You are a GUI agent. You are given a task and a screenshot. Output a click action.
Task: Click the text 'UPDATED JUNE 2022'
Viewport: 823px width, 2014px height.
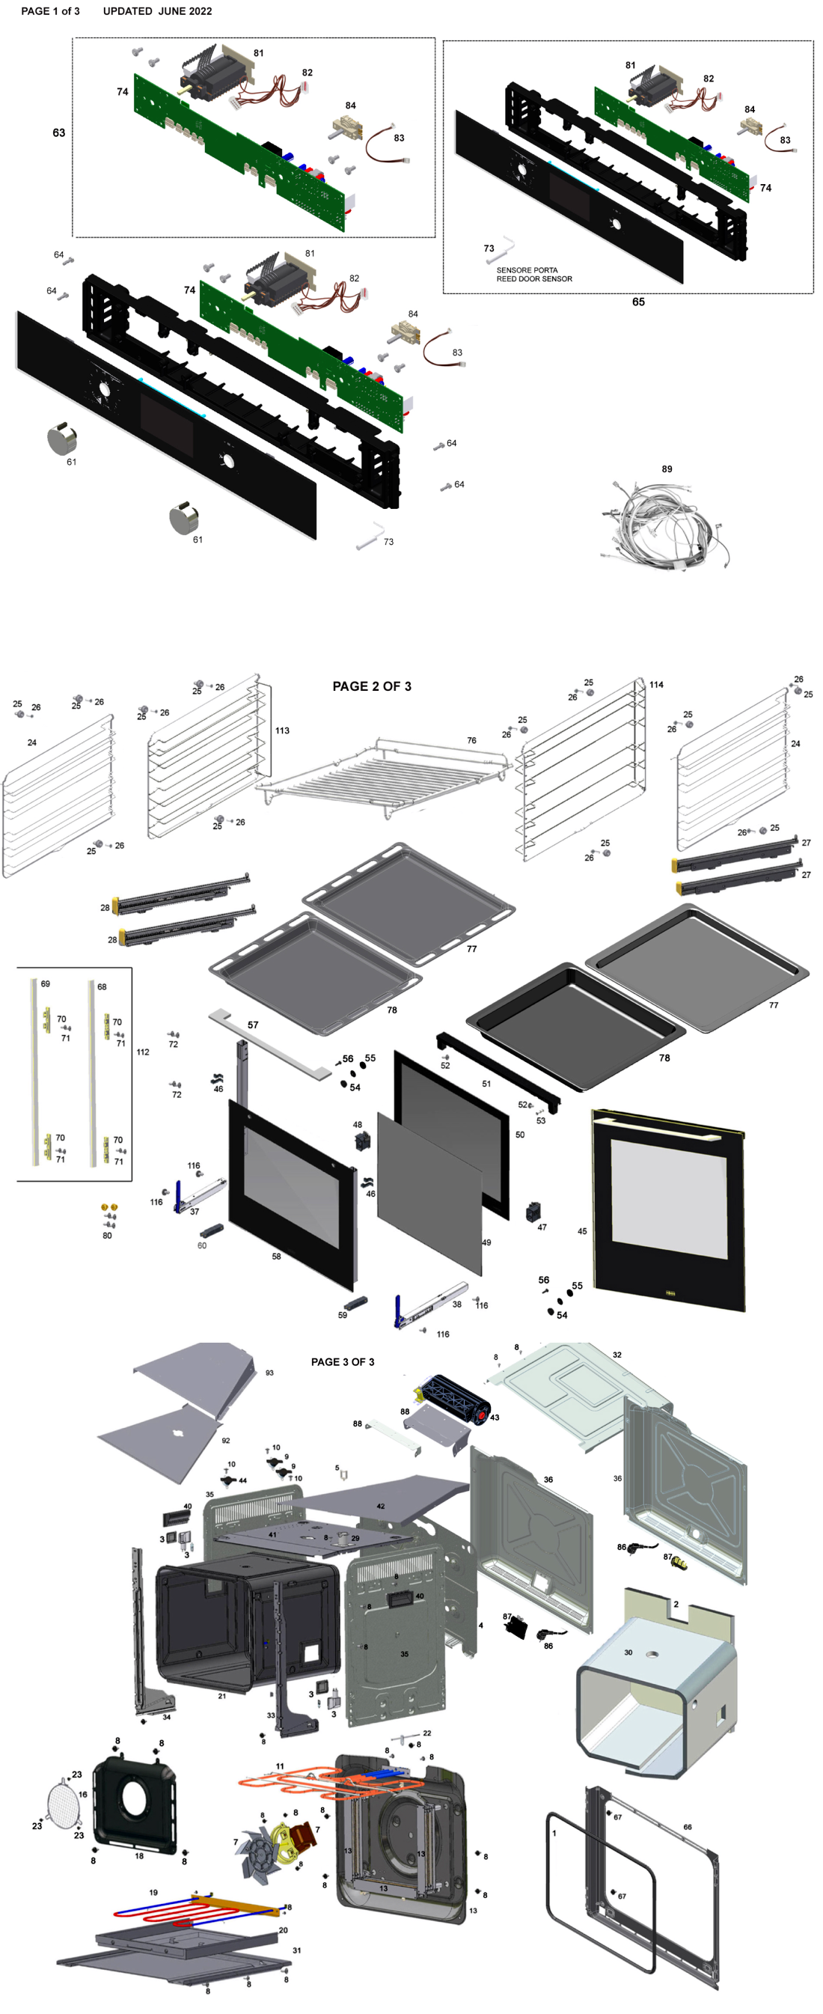157,11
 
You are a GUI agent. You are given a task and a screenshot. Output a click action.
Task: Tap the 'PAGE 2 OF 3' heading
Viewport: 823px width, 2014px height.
371,686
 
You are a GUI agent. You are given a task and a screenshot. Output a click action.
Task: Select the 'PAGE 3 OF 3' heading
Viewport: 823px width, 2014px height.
343,1361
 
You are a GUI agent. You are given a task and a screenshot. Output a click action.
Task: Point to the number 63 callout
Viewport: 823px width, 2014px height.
58,133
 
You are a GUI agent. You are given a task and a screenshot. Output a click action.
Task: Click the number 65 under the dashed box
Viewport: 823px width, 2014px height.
637,302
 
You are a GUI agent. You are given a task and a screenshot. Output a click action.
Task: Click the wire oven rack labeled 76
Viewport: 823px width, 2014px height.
383,778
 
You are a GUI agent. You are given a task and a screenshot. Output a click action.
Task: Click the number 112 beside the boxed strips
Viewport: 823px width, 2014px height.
142,1052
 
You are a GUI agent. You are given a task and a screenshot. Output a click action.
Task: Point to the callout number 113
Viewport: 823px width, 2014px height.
282,730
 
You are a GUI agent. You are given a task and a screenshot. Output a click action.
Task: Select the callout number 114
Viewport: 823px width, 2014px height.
655,684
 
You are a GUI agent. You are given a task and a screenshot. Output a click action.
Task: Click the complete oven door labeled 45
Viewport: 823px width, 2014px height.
668,1208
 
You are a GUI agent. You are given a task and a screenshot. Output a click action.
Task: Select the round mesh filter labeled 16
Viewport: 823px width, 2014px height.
63,1802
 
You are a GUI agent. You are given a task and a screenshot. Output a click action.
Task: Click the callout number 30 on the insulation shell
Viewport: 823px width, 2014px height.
628,1652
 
